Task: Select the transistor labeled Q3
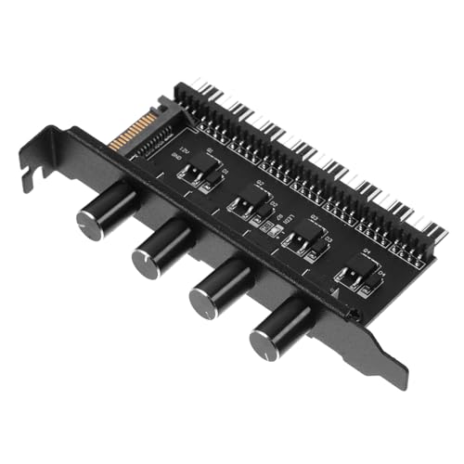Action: point(300,240)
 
